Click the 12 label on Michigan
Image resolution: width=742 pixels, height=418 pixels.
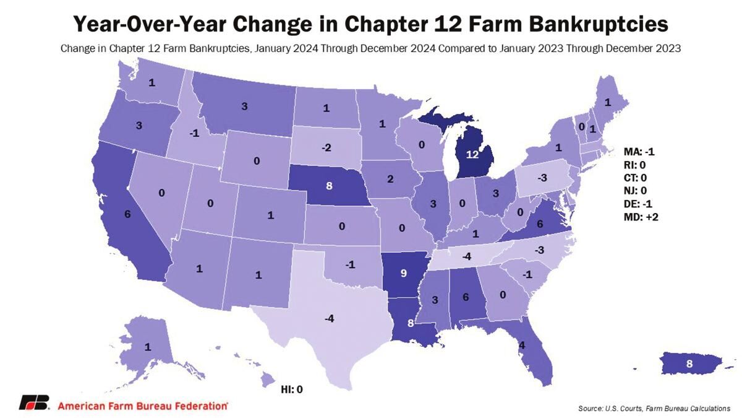point(472,155)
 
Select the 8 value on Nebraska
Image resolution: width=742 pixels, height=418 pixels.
point(329,185)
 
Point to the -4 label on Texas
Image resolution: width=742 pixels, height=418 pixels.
point(329,319)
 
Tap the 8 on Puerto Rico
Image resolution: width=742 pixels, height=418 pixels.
point(689,364)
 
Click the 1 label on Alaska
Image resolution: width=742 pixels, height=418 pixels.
point(148,347)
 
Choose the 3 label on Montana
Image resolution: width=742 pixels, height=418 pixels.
point(245,107)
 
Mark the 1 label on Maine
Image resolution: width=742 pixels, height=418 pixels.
point(607,102)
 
